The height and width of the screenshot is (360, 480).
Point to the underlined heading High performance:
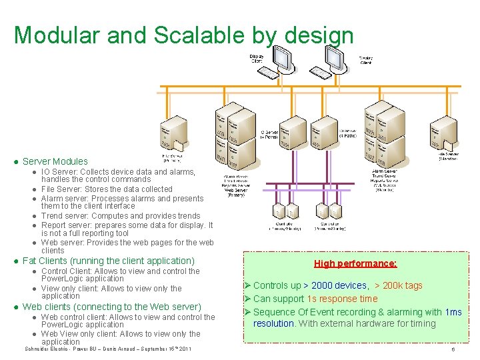[355, 263]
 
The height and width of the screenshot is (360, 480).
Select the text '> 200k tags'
[398, 285]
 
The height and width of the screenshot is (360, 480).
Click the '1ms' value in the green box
[453, 312]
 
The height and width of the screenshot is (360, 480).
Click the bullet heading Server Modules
[55, 161]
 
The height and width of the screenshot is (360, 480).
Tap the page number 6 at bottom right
[453, 349]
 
